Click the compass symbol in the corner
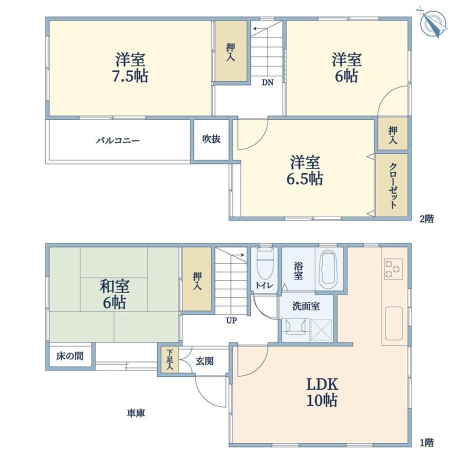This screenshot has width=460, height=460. [x=433, y=22]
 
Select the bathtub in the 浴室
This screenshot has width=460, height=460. [x=328, y=270]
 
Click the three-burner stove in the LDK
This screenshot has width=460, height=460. [x=393, y=269]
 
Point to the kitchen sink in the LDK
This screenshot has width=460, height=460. [x=393, y=323]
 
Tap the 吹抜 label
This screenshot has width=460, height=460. [x=211, y=139]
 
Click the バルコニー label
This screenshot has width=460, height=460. [x=117, y=140]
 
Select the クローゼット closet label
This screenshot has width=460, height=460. [x=393, y=185]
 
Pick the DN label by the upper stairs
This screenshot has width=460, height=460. [x=267, y=82]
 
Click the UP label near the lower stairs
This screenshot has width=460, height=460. [x=231, y=320]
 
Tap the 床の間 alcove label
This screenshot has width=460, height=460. [x=70, y=356]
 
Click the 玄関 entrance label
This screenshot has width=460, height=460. [x=204, y=361]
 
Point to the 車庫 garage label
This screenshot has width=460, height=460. [x=136, y=413]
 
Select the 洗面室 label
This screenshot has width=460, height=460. [x=306, y=306]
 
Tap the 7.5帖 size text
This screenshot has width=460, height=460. [x=129, y=76]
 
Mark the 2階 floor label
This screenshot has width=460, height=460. [x=426, y=219]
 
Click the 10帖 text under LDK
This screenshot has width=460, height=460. [x=322, y=400]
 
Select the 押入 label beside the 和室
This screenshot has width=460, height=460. [x=197, y=281]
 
